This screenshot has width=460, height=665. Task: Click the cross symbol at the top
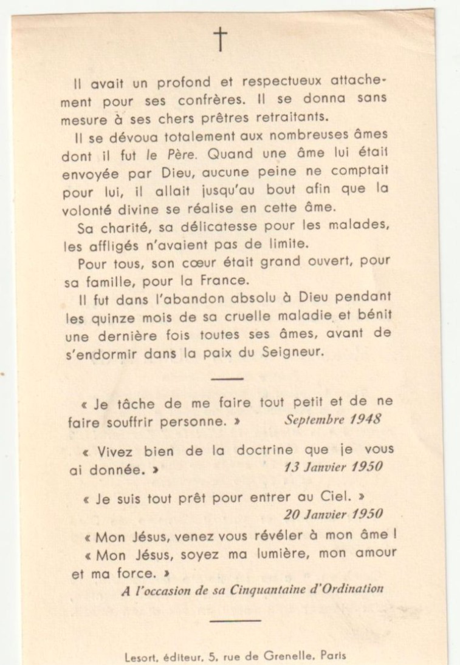tap(220, 39)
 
